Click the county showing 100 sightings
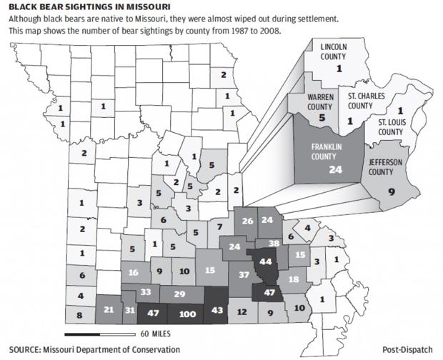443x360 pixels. pyautogui.click(x=187, y=313)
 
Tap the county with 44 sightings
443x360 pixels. pyautogui.click(x=266, y=261)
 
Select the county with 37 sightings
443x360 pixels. pyautogui.click(x=244, y=275)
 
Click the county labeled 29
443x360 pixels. pyautogui.click(x=180, y=294)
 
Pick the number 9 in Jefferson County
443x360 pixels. pyautogui.click(x=390, y=191)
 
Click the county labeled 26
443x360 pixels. pyautogui.click(x=248, y=221)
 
